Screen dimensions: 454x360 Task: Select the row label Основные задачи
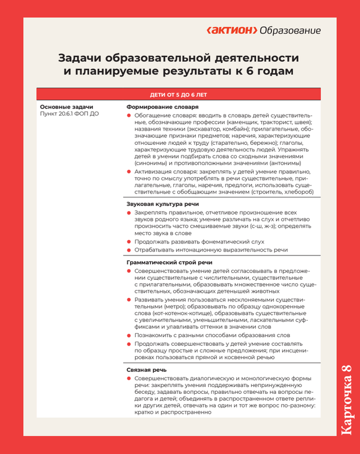pos(66,107)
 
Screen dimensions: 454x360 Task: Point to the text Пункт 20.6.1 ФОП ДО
pos(70,114)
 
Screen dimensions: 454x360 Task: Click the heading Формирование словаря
pos(162,107)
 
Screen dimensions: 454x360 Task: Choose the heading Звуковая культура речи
pos(162,204)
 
